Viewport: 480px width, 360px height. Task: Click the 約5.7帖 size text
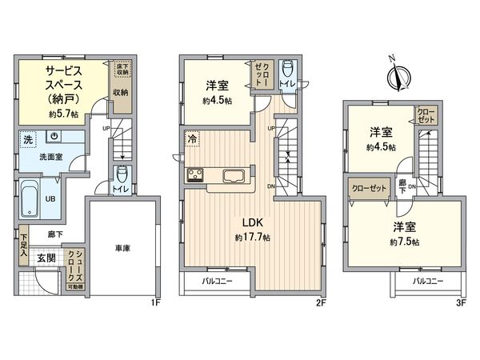coord(63,114)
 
